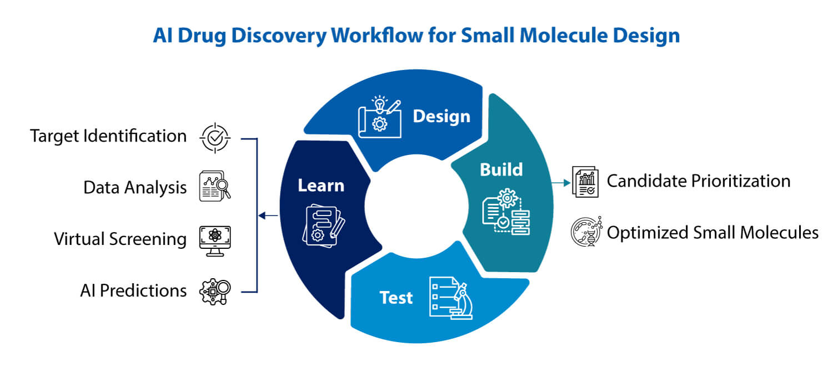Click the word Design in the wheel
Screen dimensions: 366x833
[441, 117]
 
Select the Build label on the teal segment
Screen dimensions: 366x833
[501, 169]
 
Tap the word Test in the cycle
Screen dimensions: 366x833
[396, 298]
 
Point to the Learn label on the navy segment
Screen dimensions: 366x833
[320, 185]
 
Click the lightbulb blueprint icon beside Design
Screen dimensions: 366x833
[379, 117]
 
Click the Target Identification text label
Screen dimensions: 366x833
[108, 136]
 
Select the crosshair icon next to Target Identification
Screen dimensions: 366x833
[214, 137]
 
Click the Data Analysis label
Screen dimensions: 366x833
[135, 188]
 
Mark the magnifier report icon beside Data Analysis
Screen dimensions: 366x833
[214, 186]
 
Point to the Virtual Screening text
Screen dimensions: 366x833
[120, 239]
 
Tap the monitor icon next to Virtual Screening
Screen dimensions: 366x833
[214, 240]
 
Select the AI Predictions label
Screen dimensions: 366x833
[133, 290]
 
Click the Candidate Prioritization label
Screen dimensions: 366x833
[698, 181]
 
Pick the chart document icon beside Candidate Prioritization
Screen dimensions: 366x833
[585, 182]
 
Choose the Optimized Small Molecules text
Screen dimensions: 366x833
[712, 232]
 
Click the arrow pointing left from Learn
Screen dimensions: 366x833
[269, 215]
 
